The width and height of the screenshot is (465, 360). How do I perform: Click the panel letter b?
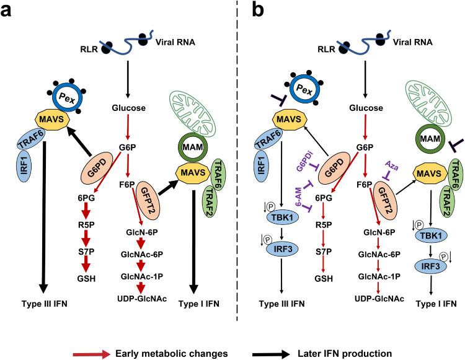(x=254, y=11)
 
